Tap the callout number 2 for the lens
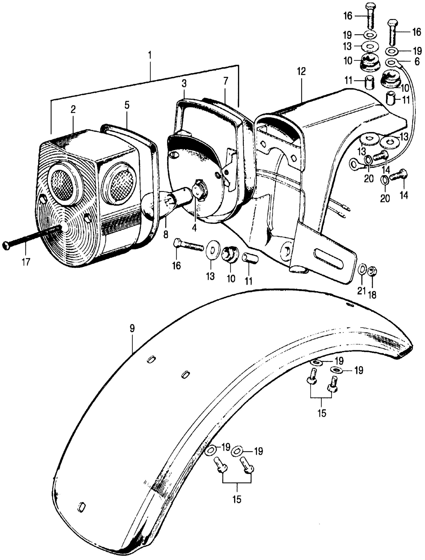click(x=73, y=110)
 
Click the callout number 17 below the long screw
click(x=26, y=261)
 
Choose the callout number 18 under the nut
click(x=373, y=295)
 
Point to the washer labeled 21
click(x=362, y=268)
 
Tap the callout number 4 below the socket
click(x=194, y=228)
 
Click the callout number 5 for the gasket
click(x=127, y=105)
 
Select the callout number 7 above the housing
click(x=225, y=82)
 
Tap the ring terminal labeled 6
click(x=391, y=62)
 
